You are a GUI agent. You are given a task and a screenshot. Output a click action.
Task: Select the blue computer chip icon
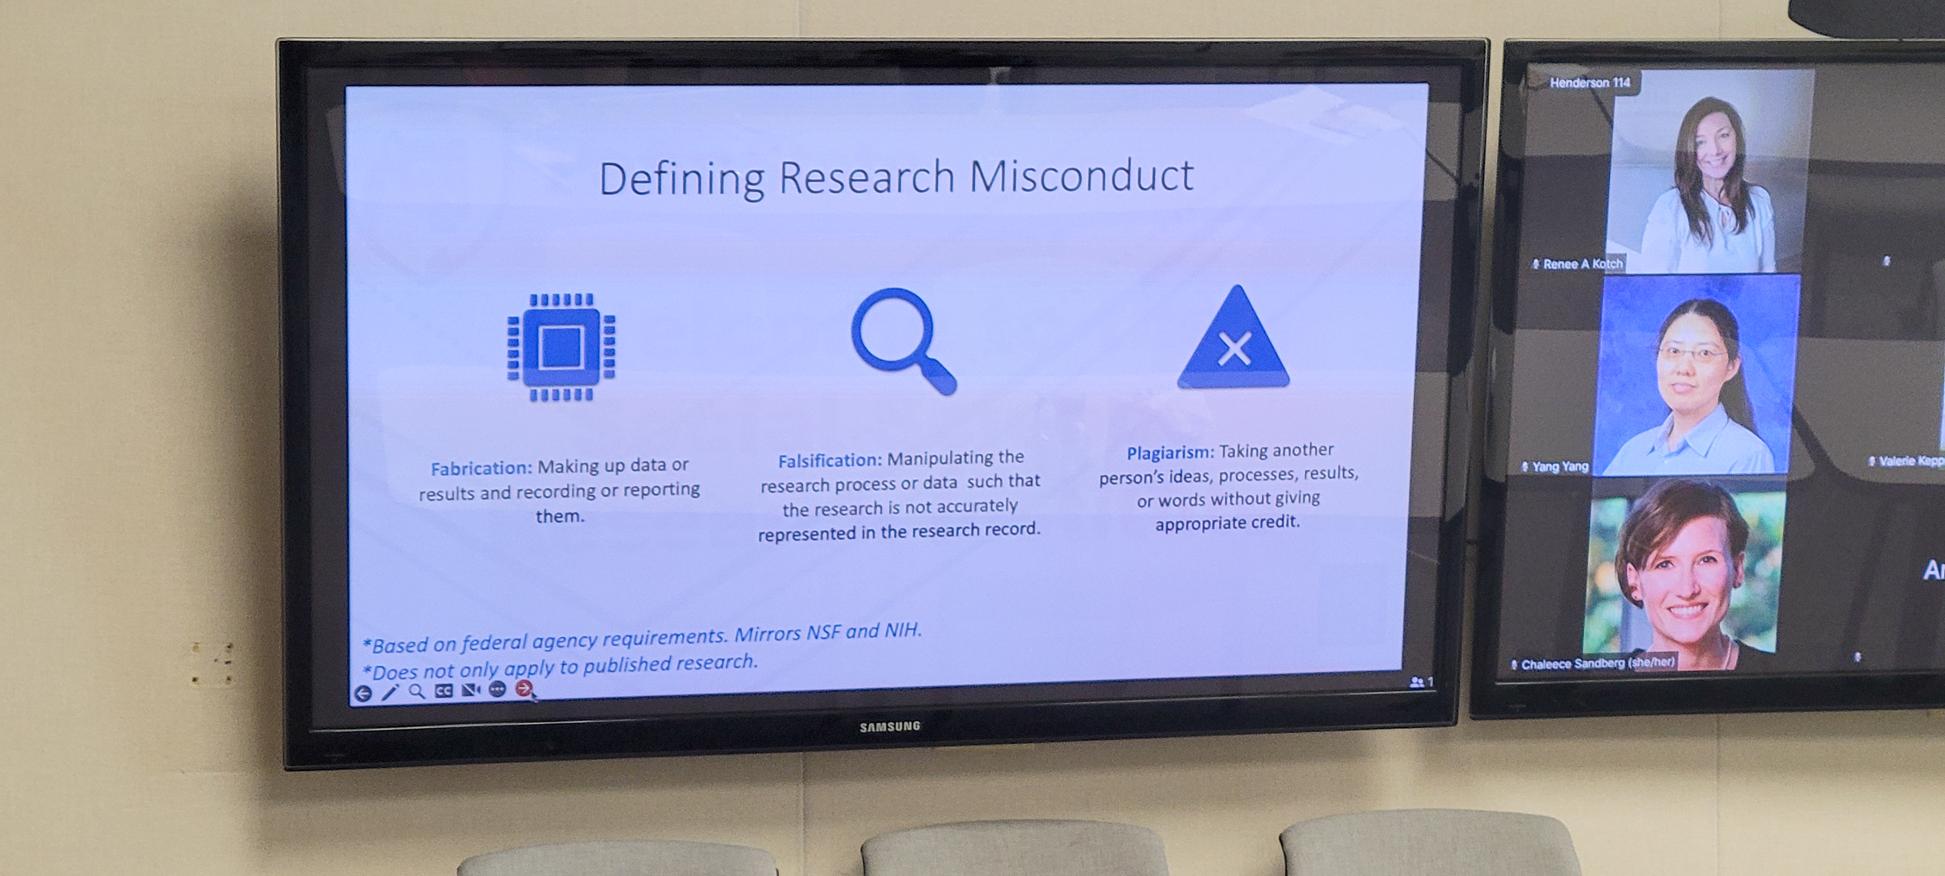pyautogui.click(x=561, y=347)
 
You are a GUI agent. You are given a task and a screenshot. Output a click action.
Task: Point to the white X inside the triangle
pyautogui.click(x=1234, y=349)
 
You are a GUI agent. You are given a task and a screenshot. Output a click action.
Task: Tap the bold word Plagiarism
pyautogui.click(x=1170, y=453)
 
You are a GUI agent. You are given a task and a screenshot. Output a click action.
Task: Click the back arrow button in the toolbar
pyautogui.click(x=363, y=693)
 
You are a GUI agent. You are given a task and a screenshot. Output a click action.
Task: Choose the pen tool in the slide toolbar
pyautogui.click(x=390, y=692)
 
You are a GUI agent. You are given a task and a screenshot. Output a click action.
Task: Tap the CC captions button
pyautogui.click(x=444, y=690)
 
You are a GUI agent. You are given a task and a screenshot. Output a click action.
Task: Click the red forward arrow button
pyautogui.click(x=523, y=688)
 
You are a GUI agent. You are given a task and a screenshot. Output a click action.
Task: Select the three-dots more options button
pyautogui.click(x=497, y=689)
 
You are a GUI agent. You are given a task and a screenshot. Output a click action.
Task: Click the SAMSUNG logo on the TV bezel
pyautogui.click(x=890, y=726)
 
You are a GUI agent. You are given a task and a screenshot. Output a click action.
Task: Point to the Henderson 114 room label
pyautogui.click(x=1589, y=83)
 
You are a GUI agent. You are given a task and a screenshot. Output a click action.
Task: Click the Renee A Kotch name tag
pyautogui.click(x=1577, y=263)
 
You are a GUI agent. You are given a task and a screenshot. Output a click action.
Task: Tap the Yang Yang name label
pyautogui.click(x=1555, y=466)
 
